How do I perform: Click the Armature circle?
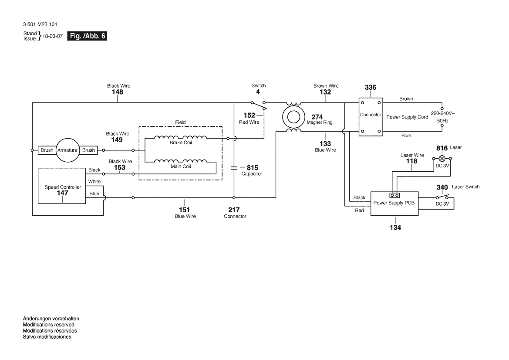coord(67,150)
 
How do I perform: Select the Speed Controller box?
coord(62,186)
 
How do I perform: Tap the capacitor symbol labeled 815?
coord(234,167)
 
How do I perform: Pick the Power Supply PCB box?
coord(394,203)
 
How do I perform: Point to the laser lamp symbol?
coord(442,158)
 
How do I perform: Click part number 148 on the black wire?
coord(118,92)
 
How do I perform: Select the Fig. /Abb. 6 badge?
coord(87,37)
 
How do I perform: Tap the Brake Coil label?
coord(181,143)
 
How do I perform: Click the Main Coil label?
coord(181,166)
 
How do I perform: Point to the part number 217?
coord(234,210)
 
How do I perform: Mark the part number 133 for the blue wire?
coord(325,144)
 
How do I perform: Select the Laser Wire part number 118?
coord(411,161)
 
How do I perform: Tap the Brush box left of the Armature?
coord(47,150)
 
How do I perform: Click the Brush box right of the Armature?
coord(88,150)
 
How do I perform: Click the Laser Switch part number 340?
coord(442,187)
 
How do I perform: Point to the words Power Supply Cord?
coord(407,117)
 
